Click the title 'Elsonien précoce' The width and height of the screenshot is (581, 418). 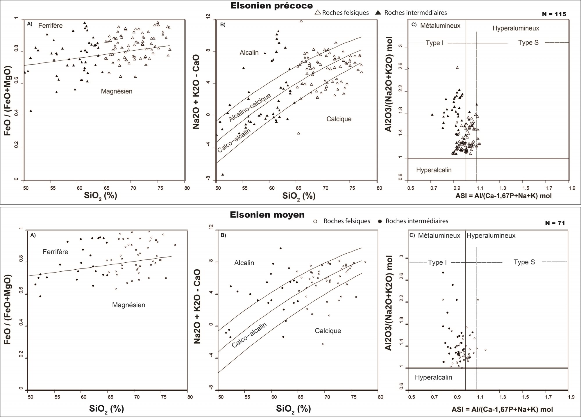point(271,6)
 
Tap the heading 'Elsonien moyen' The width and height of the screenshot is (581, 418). point(267,215)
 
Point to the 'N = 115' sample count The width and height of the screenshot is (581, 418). point(554,14)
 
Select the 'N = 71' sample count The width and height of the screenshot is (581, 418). point(555,223)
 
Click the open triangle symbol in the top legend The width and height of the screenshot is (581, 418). point(318,13)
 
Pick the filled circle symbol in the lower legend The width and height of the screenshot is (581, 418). point(380,221)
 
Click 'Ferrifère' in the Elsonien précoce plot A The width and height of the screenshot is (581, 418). point(50,26)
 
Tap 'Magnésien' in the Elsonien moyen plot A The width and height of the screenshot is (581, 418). point(128,305)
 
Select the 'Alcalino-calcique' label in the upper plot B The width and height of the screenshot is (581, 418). point(250,108)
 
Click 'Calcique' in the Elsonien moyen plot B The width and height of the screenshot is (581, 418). point(328,331)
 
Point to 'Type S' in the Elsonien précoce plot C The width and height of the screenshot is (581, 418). point(528,43)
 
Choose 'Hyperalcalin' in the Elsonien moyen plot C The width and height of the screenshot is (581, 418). point(433,377)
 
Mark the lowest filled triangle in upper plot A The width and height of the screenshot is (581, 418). point(31,111)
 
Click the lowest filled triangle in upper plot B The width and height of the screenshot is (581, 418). point(223,175)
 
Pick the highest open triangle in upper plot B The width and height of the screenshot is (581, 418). point(301,21)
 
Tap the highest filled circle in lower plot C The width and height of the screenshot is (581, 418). point(443,273)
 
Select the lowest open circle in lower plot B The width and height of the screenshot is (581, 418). point(322,344)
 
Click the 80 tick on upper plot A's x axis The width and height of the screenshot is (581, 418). point(187,188)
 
